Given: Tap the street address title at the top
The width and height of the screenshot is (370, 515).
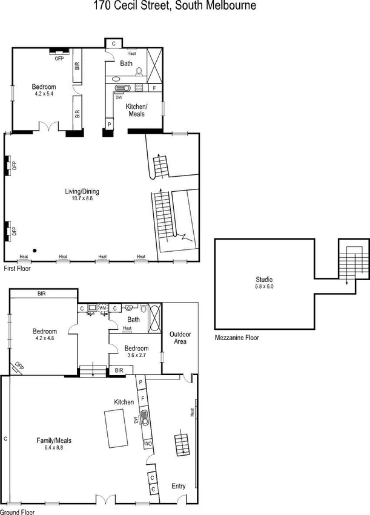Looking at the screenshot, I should click(174, 6).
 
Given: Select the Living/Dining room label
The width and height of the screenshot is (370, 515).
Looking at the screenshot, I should click(82, 195).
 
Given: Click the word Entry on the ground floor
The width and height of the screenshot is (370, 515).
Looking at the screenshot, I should click(179, 486).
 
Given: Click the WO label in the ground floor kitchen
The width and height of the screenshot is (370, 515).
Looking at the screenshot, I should click(147, 444).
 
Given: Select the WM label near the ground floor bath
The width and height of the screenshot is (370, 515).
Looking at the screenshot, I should click(102, 308).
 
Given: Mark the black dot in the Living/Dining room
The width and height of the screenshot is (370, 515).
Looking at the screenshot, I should click(36, 250).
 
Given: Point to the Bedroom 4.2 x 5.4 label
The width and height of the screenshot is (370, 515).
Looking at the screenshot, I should click(44, 90).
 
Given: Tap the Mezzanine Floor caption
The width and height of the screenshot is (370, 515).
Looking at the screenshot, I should click(237, 338).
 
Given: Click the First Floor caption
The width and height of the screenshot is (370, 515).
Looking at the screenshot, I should click(17, 267).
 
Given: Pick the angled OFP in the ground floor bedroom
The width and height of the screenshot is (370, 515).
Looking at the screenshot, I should click(18, 367).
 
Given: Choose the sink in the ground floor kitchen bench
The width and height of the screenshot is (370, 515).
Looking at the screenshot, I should click(145, 418).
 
